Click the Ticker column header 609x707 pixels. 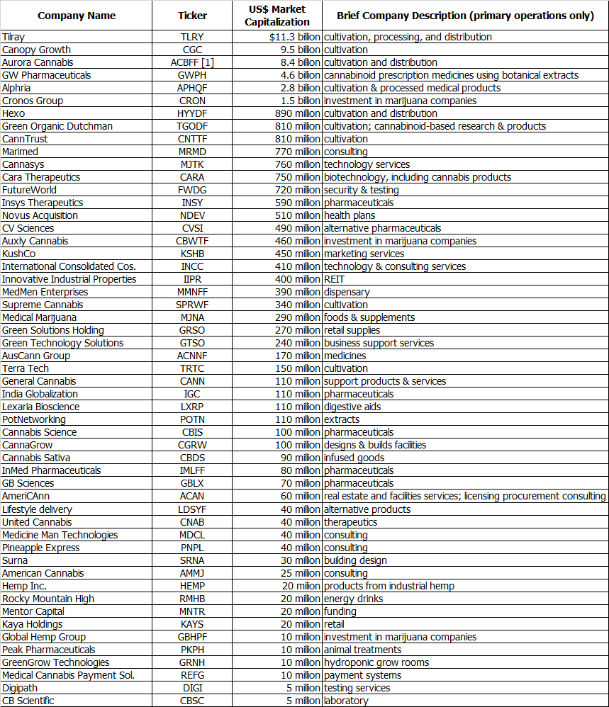coord(192,16)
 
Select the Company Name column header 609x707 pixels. coord(77,16)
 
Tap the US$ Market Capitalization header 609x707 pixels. coord(277,16)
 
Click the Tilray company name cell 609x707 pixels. coord(13,37)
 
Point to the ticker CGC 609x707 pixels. coord(192,50)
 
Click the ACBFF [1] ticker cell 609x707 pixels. coord(192,62)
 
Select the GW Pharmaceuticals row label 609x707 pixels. coord(46,75)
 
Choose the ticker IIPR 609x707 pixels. coord(192,279)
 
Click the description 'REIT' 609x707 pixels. coord(335,279)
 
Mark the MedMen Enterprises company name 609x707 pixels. coord(45,292)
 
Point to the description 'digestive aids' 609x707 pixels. coord(352,407)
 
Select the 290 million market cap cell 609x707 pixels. coord(297,317)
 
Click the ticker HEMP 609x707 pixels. coord(192,586)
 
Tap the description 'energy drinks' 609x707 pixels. coord(353,599)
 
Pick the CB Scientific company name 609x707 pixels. coord(28,701)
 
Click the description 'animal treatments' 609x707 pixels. coord(362,650)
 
